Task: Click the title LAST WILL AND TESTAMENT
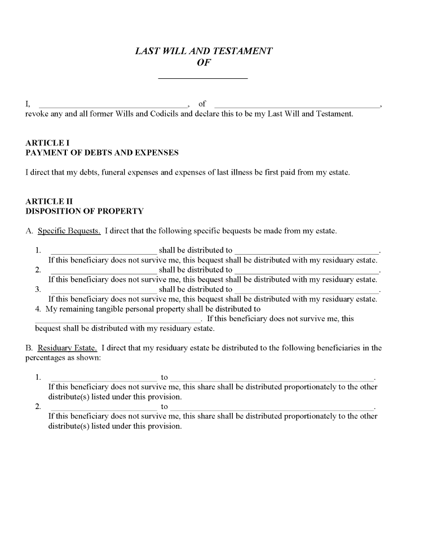204,51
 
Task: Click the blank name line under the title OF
203,77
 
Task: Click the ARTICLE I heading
48,143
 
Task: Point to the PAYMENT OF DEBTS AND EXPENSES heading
102,153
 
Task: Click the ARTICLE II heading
49,201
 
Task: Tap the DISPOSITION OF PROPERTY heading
85,211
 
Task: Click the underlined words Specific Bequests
69,231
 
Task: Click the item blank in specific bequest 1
104,252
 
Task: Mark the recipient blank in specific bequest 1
307,252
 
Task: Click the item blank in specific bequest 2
104,271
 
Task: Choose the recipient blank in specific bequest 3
307,291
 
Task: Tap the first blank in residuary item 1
104,379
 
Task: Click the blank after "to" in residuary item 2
272,408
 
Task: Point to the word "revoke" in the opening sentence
38,114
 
